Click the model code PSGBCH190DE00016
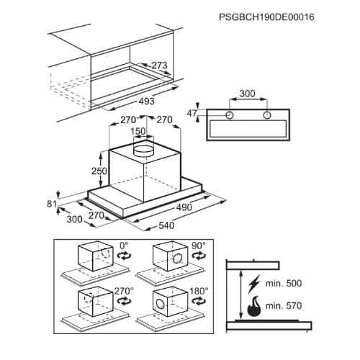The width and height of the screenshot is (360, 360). coord(266,17)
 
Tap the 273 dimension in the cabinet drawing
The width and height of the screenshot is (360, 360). coord(160,66)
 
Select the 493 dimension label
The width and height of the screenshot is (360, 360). coord(147,101)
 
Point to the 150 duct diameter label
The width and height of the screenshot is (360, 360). coord(138,131)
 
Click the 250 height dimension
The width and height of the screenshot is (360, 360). coord(99,171)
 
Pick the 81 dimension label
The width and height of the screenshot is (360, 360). coord(52,204)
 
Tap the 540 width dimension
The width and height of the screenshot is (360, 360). coord(166,225)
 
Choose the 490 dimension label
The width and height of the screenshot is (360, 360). coord(184,207)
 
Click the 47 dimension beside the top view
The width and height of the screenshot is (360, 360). coord(192,113)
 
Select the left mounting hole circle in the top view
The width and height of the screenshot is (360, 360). coord(230,115)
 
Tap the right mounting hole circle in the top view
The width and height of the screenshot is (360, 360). coord(266,115)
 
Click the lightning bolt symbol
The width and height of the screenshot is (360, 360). coord(254,284)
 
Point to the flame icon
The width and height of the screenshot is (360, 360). coord(254,306)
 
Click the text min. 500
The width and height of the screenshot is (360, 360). coord(284,284)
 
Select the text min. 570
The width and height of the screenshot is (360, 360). coord(284,306)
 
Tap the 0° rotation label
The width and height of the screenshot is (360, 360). coord(124,246)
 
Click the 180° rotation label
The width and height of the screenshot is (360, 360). coord(199,291)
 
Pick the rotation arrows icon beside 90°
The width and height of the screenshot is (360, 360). coord(199,256)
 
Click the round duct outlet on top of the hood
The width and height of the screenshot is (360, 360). coord(143,149)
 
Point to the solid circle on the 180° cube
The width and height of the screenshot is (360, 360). coord(161,304)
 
